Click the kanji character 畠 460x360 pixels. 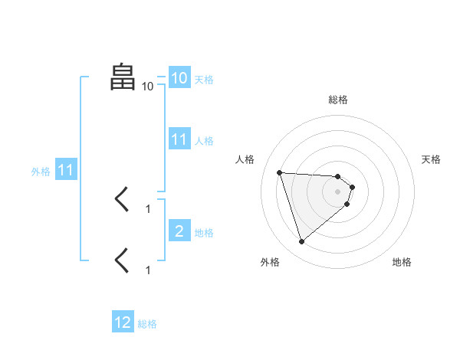coord(123,77)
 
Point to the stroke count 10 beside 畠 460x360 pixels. coord(147,87)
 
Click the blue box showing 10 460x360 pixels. coord(179,78)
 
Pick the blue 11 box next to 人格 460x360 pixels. coord(179,139)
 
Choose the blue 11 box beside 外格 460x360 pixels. coord(65,171)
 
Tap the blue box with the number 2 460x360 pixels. coord(179,231)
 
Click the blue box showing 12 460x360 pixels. coord(123,322)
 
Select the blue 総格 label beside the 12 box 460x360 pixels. coord(147,324)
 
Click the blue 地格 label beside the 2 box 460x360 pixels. coord(204,233)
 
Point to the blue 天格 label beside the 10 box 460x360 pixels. coord(204,80)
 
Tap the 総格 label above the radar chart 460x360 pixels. coord(338,100)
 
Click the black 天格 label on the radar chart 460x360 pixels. coord(431,159)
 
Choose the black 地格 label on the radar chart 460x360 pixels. coord(402,262)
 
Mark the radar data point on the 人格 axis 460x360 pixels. coord(280,172)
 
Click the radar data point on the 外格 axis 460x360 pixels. coord(302,242)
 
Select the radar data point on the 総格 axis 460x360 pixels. coord(337,176)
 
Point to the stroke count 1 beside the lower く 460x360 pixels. coord(148,270)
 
